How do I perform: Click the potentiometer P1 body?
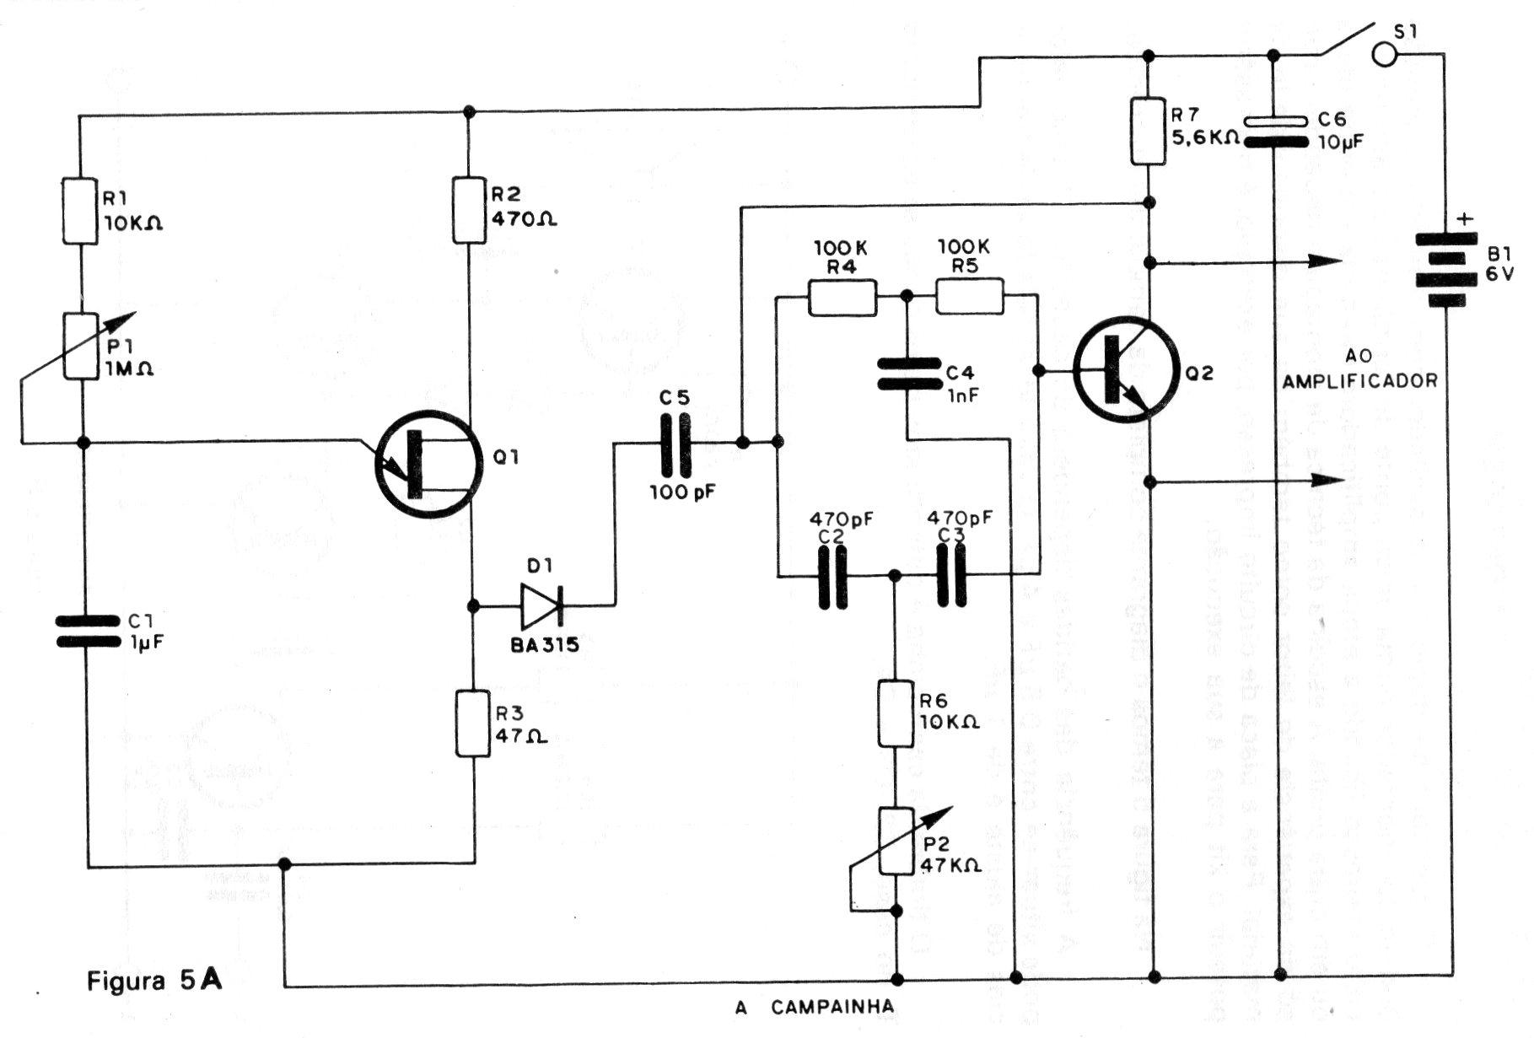pyautogui.click(x=82, y=346)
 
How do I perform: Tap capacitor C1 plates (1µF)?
pyautogui.click(x=87, y=632)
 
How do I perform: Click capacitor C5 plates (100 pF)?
pyautogui.click(x=672, y=445)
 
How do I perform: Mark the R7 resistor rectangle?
pyautogui.click(x=1148, y=131)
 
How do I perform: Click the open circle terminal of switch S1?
pyautogui.click(x=1385, y=55)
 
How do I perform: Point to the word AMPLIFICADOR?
pyautogui.click(x=1359, y=381)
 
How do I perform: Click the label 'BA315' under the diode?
pyautogui.click(x=544, y=646)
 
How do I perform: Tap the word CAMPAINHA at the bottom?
pyautogui.click(x=832, y=1007)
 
